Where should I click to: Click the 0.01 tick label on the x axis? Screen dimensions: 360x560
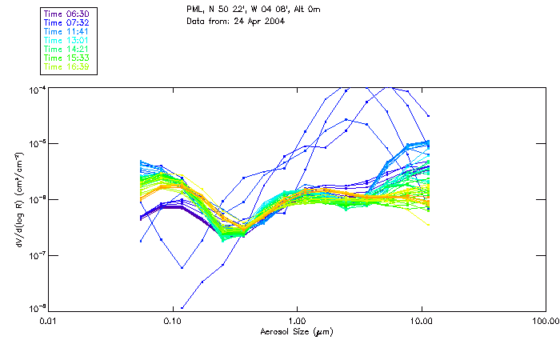click(48, 321)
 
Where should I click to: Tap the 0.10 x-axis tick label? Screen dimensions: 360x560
click(172, 321)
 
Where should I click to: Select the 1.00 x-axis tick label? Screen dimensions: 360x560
click(297, 321)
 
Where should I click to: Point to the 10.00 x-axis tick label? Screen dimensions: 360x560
click(422, 321)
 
